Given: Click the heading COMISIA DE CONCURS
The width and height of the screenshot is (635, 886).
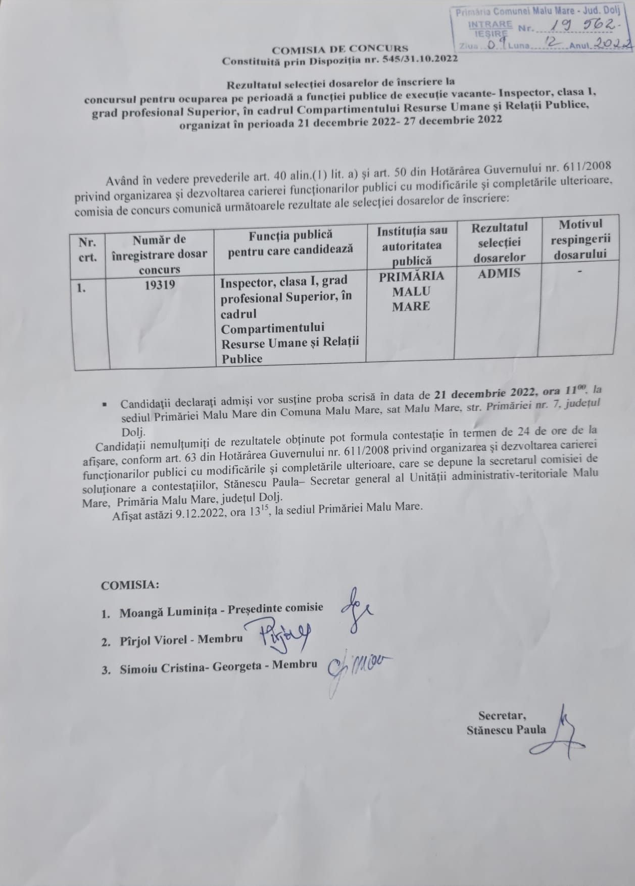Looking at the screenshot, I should pyautogui.click(x=339, y=49).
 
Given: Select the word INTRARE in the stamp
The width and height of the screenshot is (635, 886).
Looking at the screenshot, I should pyautogui.click(x=491, y=24).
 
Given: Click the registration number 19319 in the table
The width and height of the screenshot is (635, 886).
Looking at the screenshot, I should pyautogui.click(x=160, y=285).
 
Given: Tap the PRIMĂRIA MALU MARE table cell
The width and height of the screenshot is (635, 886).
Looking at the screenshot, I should pyautogui.click(x=411, y=291).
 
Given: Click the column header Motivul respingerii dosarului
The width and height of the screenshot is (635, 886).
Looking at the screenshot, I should pyautogui.click(x=580, y=239).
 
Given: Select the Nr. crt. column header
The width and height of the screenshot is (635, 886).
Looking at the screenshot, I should pyautogui.click(x=87, y=249).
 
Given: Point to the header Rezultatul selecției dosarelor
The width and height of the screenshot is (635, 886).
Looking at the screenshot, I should pyautogui.click(x=499, y=242).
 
